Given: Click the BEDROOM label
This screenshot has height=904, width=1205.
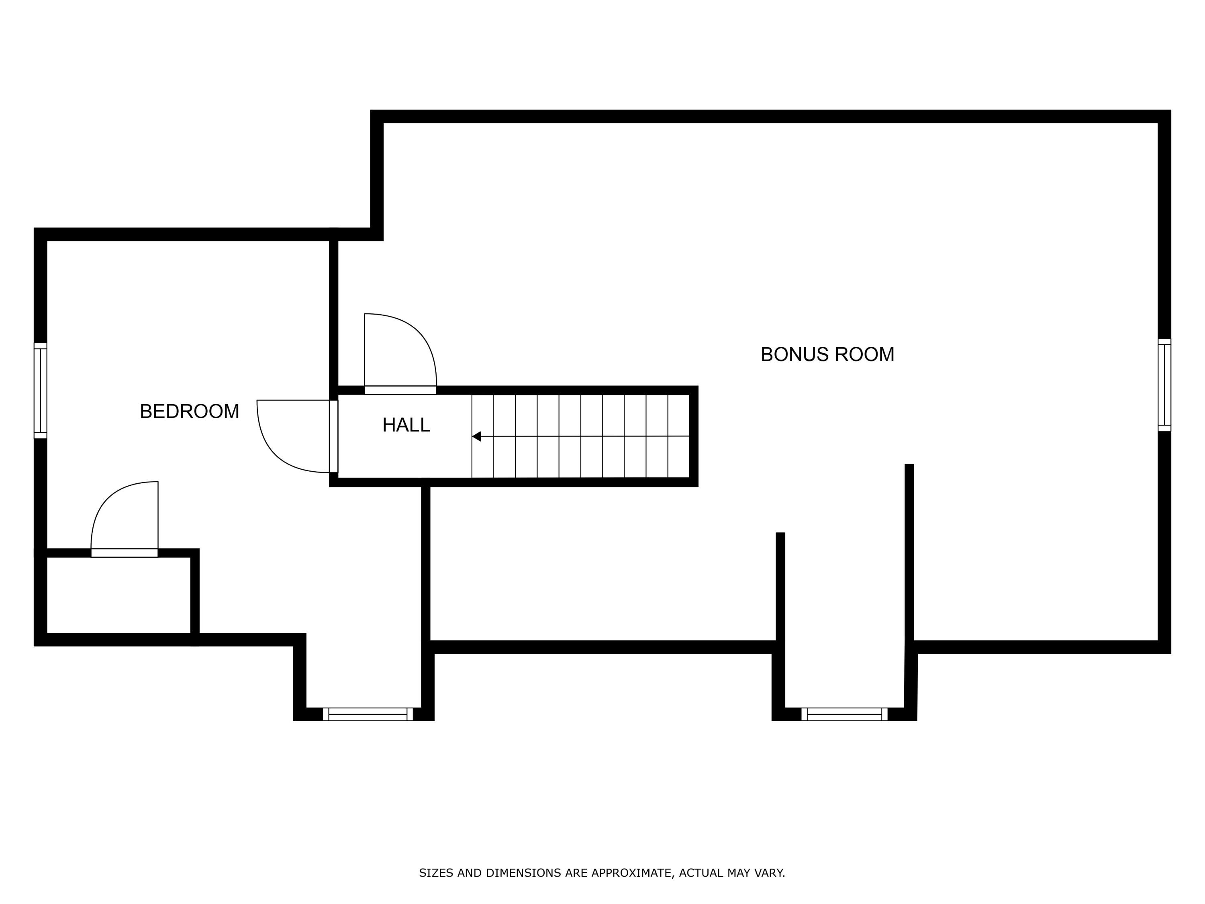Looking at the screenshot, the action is click(189, 411).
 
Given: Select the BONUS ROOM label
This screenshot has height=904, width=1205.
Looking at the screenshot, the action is click(827, 355).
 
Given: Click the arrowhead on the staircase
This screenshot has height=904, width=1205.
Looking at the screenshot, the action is click(477, 436).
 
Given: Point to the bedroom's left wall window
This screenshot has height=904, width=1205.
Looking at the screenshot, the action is click(40, 391).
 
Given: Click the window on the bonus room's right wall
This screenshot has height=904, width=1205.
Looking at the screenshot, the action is click(1164, 385).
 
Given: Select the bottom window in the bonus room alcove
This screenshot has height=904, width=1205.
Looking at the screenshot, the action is click(844, 714).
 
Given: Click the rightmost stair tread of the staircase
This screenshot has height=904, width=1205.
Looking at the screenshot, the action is click(679, 436).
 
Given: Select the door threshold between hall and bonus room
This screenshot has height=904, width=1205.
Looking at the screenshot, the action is click(400, 390).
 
